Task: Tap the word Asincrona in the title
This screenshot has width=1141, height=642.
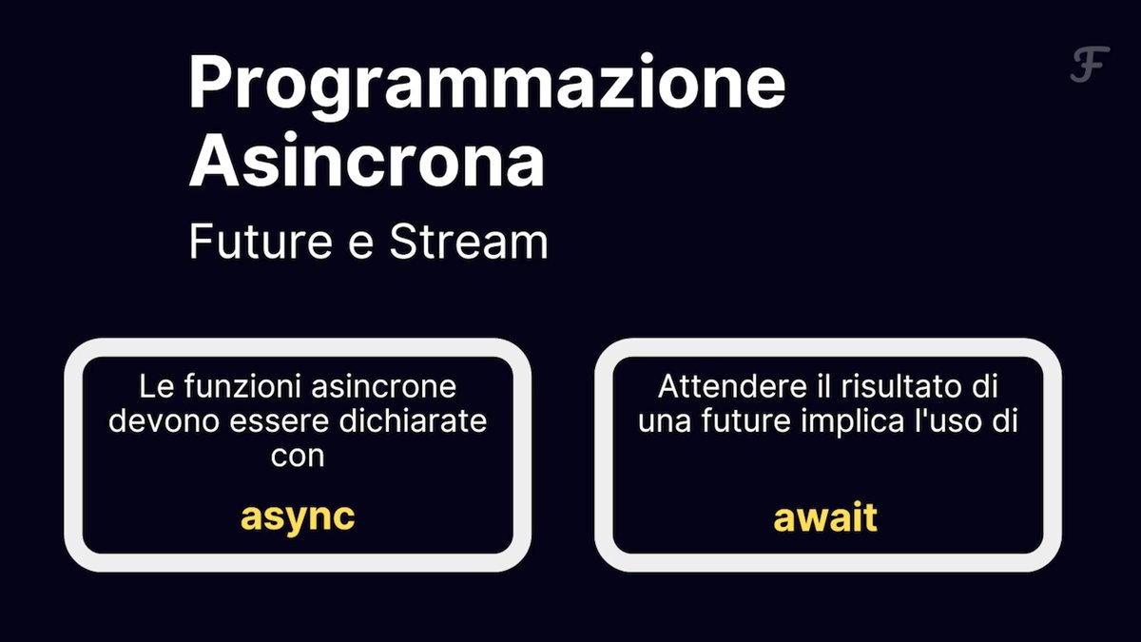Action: click(x=367, y=160)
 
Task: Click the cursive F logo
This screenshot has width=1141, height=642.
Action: click(x=1090, y=65)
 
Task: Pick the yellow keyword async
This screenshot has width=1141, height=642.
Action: click(x=298, y=518)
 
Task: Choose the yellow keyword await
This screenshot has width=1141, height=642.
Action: click(x=825, y=517)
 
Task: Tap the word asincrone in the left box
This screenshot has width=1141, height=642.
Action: click(x=383, y=386)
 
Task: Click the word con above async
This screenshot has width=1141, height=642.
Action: click(x=298, y=456)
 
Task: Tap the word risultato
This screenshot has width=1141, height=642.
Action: click(x=901, y=386)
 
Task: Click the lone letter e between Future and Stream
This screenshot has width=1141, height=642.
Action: click(x=361, y=245)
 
